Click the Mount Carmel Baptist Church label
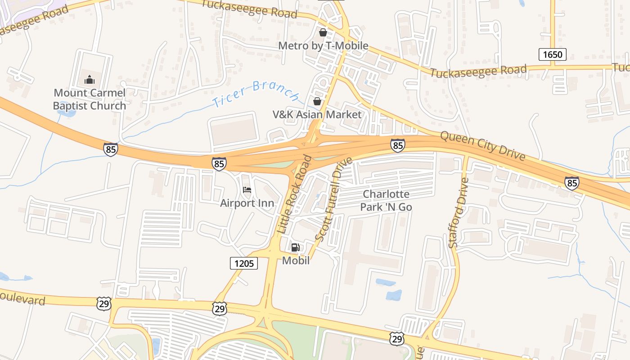point(90,99)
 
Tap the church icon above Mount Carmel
point(90,80)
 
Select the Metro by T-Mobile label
point(323,46)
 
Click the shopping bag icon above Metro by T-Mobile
point(323,32)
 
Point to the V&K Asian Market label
point(317,115)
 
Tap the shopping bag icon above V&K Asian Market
point(317,101)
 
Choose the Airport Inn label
point(247,203)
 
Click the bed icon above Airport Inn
point(247,190)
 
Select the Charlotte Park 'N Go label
point(386,201)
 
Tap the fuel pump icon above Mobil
point(296,247)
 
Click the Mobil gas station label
point(296,261)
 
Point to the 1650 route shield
point(552,55)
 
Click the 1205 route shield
point(244,263)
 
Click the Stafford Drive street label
point(459,212)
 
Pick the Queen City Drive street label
point(482,146)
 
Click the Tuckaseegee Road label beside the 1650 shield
point(478,71)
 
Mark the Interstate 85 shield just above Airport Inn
point(219,164)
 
